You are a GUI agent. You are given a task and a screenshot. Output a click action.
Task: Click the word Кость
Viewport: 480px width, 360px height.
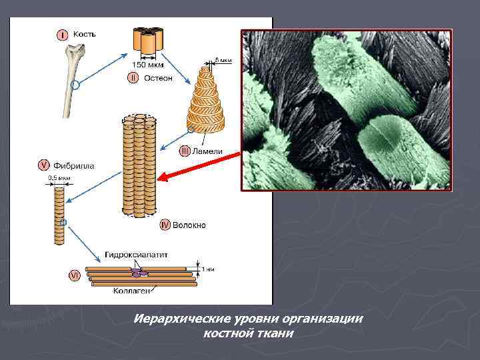click(x=84, y=33)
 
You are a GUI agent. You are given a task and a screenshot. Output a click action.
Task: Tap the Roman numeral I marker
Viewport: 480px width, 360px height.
click(x=61, y=34)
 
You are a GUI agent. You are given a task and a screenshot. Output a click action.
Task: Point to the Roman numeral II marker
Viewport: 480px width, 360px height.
click(x=133, y=78)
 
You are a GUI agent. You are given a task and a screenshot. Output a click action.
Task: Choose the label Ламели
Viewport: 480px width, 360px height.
click(x=207, y=151)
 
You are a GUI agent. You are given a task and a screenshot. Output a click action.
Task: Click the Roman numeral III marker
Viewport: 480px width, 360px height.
click(x=185, y=151)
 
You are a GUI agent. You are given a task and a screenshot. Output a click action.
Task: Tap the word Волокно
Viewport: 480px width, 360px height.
click(x=189, y=225)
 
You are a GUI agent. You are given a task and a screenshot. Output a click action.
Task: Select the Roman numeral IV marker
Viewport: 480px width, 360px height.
click(x=165, y=225)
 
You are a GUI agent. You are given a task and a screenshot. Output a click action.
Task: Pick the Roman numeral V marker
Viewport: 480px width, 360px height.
click(x=43, y=164)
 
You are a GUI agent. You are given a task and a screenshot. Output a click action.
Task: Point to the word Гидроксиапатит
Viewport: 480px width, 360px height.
click(x=136, y=255)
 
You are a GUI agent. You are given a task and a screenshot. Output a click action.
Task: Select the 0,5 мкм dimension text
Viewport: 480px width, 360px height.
click(x=58, y=177)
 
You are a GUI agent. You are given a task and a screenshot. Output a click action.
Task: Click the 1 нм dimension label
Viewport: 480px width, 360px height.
click(x=208, y=269)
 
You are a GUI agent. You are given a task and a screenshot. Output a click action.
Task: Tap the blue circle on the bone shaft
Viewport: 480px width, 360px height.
click(x=75, y=85)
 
